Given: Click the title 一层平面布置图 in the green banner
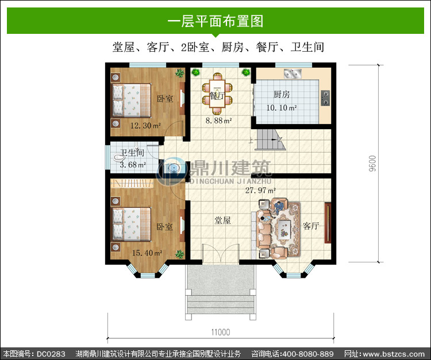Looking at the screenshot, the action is point(215,21).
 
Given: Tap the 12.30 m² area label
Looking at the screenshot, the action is point(145,126).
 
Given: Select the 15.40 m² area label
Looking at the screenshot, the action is point(147,253).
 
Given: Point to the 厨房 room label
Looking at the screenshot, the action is point(282,95).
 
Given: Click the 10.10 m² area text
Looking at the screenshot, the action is point(282,107).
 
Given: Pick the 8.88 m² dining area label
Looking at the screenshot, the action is point(218,120).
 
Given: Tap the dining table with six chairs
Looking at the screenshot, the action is point(217,94).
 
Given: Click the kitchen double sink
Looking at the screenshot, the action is point(293,73).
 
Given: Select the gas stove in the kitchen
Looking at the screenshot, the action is point(325,98).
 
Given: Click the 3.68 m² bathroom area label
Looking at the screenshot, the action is point(133,165).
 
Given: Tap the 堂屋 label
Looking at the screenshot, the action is point(222,220).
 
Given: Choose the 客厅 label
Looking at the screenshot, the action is point(311,226).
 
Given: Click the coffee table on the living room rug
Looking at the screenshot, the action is point(284,229).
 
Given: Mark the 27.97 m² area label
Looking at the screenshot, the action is point(260,190).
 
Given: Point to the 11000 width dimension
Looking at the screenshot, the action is point(221,332).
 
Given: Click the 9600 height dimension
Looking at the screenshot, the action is point(372,164).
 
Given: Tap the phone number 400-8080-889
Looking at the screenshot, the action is point(308,354).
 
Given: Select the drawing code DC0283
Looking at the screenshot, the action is point(51,354).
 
